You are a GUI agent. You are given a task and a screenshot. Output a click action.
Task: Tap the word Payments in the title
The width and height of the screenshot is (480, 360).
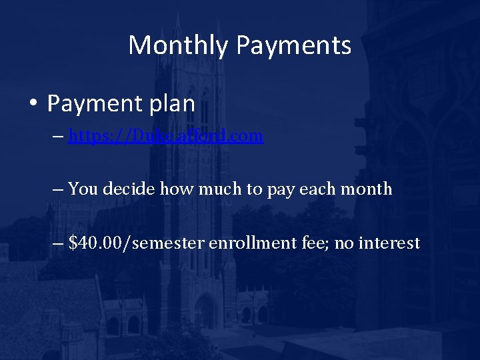293,45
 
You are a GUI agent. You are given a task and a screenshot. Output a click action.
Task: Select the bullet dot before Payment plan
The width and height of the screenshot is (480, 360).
32,105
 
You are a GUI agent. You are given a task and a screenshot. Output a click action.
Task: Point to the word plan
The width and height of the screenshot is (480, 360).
172,104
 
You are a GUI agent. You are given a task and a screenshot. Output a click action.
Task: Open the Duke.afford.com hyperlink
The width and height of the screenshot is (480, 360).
165,136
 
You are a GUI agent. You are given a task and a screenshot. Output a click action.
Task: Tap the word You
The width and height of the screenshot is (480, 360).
83,189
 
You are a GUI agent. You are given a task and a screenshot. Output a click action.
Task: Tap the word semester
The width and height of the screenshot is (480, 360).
171,243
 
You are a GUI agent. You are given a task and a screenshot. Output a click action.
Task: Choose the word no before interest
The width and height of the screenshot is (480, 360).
344,243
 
